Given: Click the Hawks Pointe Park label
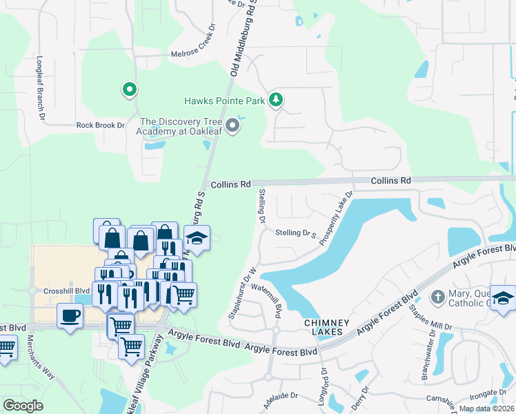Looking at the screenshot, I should tap(224, 101).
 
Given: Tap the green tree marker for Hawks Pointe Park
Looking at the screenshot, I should tap(276, 100).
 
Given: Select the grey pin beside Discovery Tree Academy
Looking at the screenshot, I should tap(233, 126).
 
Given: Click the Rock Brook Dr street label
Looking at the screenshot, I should tap(100, 126).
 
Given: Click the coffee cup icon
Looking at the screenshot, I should tap(70, 316).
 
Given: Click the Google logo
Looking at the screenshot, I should tap(23, 406).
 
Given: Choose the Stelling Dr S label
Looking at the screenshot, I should tap(295, 233).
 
